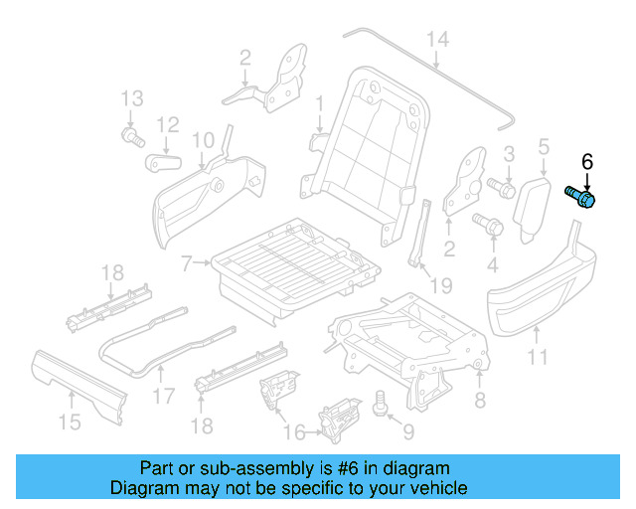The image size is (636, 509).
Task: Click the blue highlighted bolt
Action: [580, 197]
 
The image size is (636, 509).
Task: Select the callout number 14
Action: [437, 40]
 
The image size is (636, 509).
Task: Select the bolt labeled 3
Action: [499, 186]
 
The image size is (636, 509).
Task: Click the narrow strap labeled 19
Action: [418, 235]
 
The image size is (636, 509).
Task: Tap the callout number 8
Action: [480, 401]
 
